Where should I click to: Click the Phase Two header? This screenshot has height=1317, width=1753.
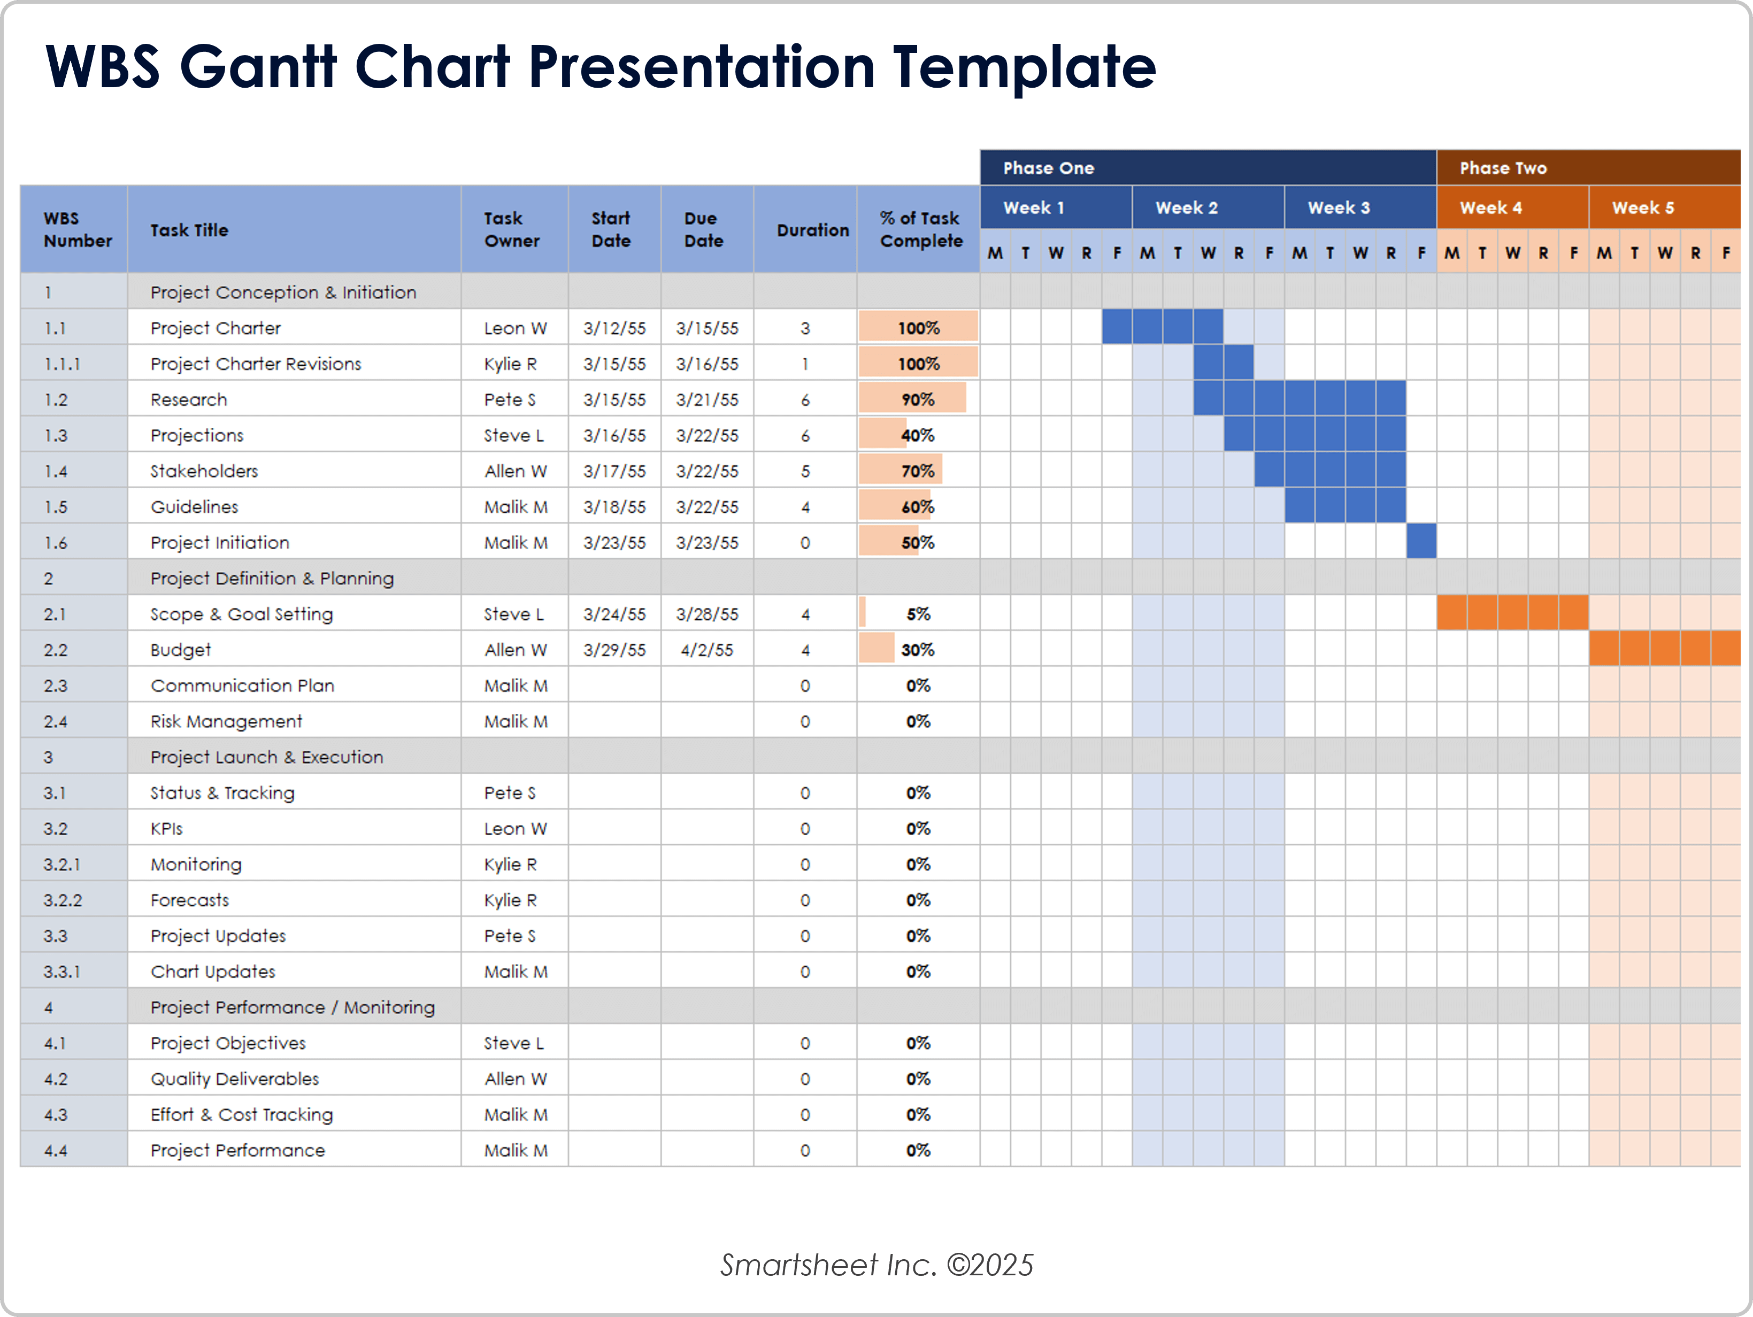(1503, 168)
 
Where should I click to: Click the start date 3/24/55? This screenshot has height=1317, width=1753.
(614, 614)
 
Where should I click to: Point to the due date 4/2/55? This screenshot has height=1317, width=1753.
(707, 650)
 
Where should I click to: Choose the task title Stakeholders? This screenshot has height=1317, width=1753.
(204, 471)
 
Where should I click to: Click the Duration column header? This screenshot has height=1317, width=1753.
(812, 230)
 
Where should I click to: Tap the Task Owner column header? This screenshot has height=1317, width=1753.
(512, 230)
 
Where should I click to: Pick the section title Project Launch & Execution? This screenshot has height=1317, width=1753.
(266, 757)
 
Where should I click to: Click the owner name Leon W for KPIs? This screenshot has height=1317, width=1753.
(515, 828)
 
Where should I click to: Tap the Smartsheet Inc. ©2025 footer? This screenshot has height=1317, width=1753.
(877, 1265)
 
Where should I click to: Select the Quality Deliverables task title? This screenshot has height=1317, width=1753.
(235, 1079)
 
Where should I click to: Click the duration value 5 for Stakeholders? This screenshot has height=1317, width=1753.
(805, 471)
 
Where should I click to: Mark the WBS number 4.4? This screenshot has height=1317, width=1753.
(56, 1150)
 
